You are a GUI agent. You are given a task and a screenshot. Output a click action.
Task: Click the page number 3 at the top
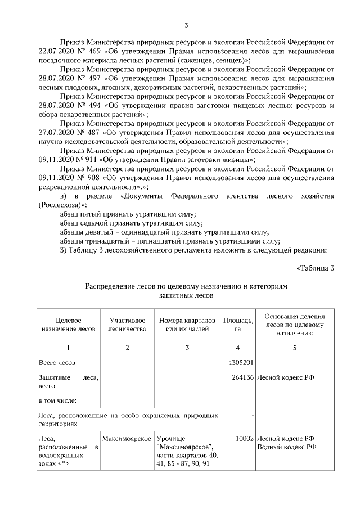point(186,25)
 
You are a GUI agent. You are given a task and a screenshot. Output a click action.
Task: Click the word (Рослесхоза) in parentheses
point(61,205)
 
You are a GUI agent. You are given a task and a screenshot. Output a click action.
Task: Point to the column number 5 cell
point(294,348)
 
